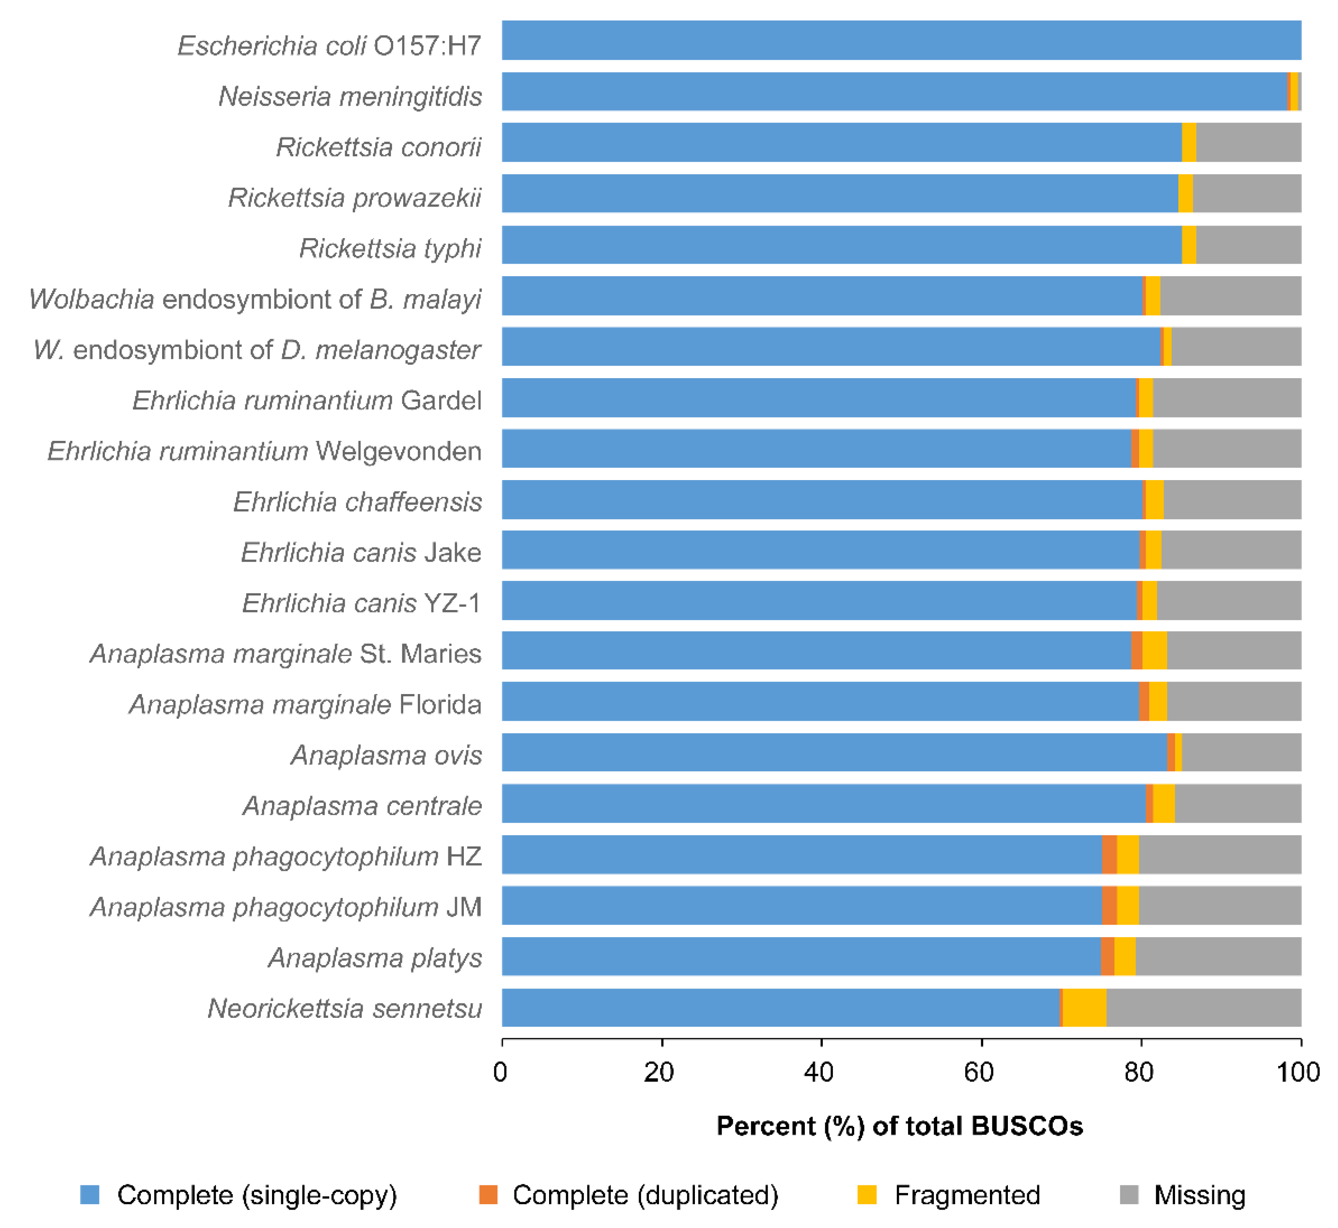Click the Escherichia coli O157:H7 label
pos(329,46)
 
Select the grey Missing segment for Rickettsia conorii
pos(1248,142)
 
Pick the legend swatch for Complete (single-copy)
pos(90,1195)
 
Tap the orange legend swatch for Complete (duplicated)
pos(488,1195)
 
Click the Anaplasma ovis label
pos(386,755)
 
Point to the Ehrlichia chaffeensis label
pos(357,502)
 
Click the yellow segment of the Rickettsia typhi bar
pos(1188,244)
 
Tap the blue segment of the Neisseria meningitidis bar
pos(890,92)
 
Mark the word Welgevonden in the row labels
pos(398,451)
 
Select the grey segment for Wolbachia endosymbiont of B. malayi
pos(1230,296)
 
